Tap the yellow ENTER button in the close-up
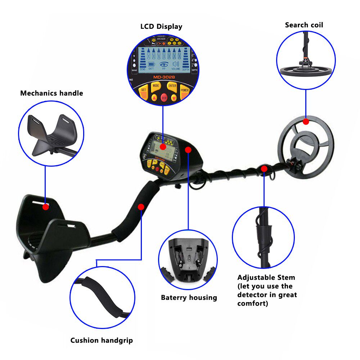point(172,86)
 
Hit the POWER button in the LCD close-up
point(184,91)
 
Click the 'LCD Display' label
point(161,27)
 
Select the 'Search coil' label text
point(304,25)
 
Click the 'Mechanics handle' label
point(51,93)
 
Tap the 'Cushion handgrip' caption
point(102,340)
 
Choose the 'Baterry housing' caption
point(189,298)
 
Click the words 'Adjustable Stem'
point(266,278)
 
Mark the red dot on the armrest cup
point(45,207)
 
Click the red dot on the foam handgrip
point(141,207)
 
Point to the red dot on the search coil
point(306,122)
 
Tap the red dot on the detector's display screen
point(163,147)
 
